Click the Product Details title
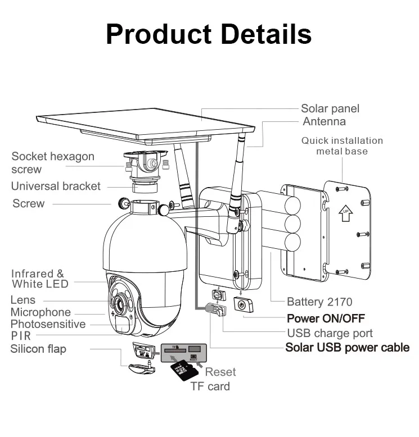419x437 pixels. pos(209,34)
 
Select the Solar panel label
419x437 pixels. pos(330,108)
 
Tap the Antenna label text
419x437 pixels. pos(324,121)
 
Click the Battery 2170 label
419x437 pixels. pos(320,302)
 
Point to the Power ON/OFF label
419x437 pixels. pos(326,318)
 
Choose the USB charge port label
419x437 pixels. pos(330,333)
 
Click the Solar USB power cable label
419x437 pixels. pos(347,348)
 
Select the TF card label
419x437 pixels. pos(210,386)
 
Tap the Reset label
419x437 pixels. pos(220,371)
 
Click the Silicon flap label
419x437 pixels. pos(38,349)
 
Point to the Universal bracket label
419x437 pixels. pos(56,186)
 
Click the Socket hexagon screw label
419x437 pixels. pos(52,163)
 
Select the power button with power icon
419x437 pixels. pos(242,305)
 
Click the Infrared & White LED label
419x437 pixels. pos(39,279)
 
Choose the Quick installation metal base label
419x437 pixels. pos(341,145)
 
